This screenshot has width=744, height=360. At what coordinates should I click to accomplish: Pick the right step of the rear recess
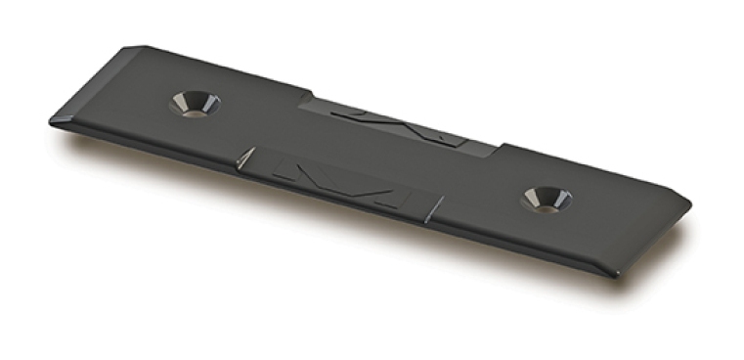click(x=498, y=150)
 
